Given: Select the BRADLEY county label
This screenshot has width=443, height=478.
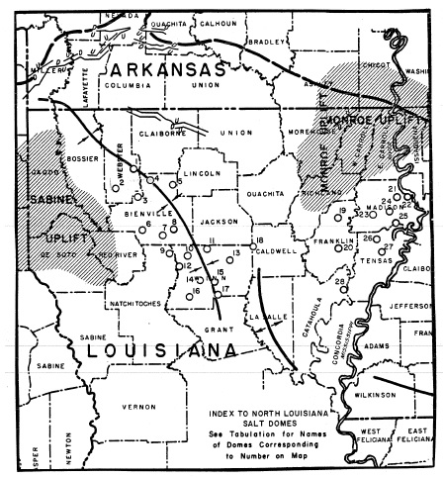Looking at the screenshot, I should point(266,43).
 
